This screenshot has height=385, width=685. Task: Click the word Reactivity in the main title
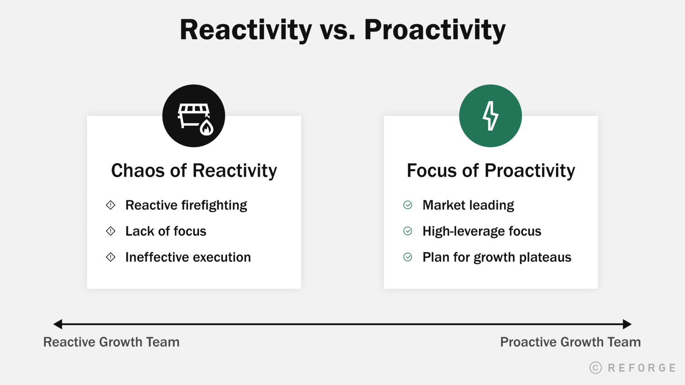point(246,30)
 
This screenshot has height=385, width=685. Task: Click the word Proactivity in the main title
point(435,30)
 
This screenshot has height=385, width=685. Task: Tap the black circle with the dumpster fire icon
point(194,116)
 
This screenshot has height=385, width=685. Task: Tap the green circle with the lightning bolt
point(490,116)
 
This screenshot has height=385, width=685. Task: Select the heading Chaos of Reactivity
point(194,171)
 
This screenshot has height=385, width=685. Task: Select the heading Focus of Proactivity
point(491,171)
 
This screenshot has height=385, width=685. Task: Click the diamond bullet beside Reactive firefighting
point(111,205)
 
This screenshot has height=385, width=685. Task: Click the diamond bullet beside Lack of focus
point(111,231)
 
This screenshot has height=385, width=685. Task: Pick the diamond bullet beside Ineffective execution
point(111,257)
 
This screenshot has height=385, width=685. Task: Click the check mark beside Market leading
point(408,205)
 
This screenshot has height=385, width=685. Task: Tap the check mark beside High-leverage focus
point(408,231)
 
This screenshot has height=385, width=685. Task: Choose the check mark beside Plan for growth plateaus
point(408,257)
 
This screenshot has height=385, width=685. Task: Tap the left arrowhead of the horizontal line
point(58,324)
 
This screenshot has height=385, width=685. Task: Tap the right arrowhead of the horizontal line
point(627,324)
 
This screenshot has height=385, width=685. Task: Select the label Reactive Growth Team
point(111,342)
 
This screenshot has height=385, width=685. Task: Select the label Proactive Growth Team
point(570,342)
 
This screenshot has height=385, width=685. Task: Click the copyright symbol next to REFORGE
point(595,368)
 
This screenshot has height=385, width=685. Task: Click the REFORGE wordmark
point(642,368)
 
